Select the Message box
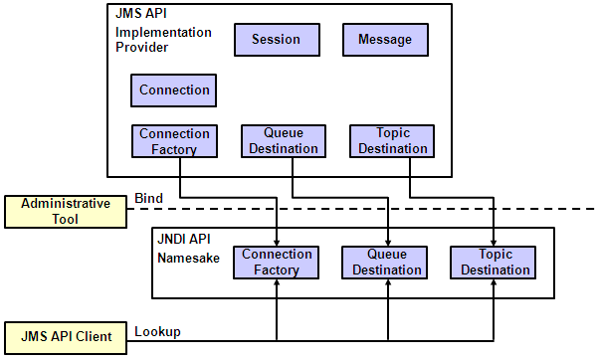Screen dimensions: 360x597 (384, 40)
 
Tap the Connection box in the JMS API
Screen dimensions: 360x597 (174, 90)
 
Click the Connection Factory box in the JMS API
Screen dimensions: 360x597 (174, 141)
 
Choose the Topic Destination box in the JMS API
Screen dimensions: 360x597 (392, 141)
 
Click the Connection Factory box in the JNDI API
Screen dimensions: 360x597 (277, 263)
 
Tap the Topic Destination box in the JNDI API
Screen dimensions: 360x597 (495, 263)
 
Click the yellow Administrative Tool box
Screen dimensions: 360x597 (66, 211)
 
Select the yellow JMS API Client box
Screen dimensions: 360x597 (66, 337)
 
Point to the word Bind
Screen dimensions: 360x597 (148, 199)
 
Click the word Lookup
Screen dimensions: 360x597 (157, 331)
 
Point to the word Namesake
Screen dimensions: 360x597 (189, 258)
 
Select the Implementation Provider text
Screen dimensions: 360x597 (163, 40)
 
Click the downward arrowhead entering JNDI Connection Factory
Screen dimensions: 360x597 (277, 240)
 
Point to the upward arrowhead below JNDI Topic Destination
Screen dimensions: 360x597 (495, 285)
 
